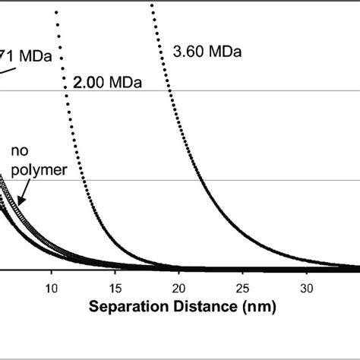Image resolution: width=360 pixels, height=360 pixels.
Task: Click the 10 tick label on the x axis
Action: point(52,289)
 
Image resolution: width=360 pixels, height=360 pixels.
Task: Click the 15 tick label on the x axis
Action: point(115,289)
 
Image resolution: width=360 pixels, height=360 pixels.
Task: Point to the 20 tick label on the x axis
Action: point(179,289)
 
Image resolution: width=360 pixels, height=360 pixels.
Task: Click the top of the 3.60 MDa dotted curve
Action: point(152,6)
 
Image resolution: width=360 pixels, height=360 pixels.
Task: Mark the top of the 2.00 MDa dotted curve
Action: point(58,12)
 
